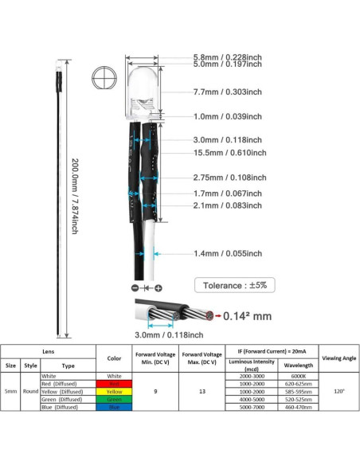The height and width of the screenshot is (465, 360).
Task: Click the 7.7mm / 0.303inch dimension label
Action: (x=228, y=92)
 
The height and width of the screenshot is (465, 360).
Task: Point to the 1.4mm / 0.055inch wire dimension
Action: (x=228, y=253)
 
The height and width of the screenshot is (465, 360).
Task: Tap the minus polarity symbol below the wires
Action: (x=135, y=287)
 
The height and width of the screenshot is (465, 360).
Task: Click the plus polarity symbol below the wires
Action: (x=158, y=287)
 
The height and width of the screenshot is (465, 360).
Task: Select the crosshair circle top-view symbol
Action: (x=104, y=76)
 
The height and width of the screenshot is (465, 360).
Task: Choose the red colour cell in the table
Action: (x=114, y=383)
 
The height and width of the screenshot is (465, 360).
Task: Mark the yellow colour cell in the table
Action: (x=114, y=391)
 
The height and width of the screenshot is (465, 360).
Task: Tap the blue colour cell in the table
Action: (x=114, y=407)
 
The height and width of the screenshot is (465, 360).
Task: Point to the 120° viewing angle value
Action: (x=338, y=391)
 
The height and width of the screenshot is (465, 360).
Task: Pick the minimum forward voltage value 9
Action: (x=155, y=391)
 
